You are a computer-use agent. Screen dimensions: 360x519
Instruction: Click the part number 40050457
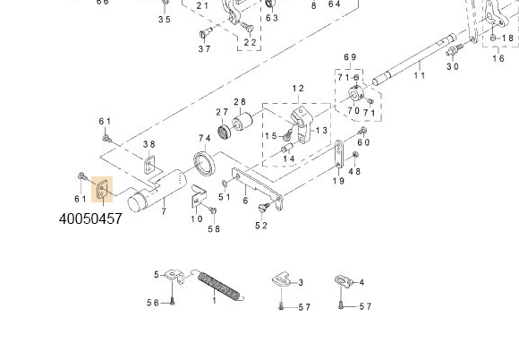coord(90,219)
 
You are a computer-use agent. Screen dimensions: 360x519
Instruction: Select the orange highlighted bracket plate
coord(104,190)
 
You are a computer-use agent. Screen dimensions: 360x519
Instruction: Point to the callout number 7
coord(163,211)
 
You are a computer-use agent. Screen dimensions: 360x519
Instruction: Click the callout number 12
coord(298,89)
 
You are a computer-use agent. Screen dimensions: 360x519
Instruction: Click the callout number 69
coord(350,57)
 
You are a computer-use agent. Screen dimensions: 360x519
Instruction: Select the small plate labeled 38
coord(150,165)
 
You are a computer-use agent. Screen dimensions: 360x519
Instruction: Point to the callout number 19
coord(338,181)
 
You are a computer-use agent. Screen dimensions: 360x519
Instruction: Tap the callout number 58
coord(214,229)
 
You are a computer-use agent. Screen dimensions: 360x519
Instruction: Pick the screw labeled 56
coord(172,302)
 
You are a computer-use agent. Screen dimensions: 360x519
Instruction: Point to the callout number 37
coord(205,48)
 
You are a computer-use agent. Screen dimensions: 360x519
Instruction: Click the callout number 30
coord(453,66)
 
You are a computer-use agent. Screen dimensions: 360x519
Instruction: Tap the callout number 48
coord(354,171)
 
